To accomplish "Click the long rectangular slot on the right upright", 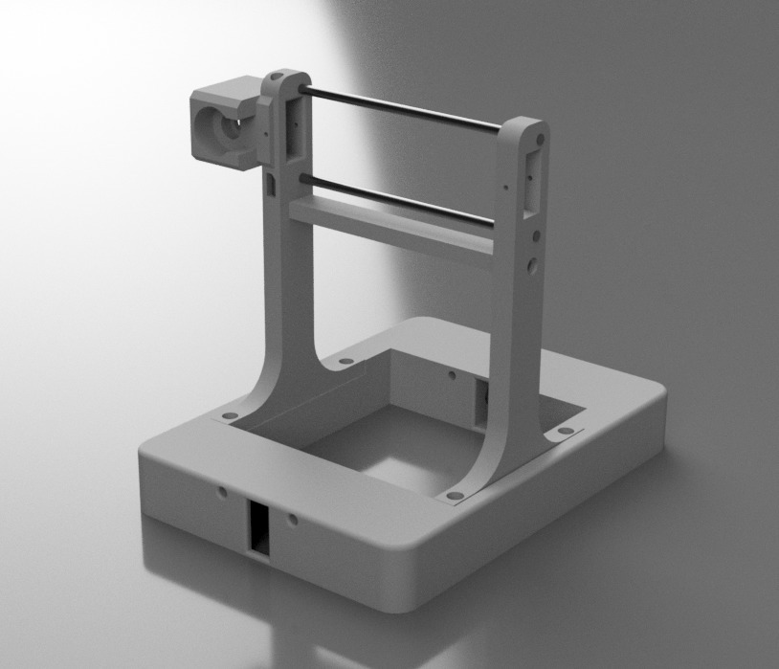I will [x=533, y=178].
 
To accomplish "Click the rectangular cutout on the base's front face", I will [x=259, y=526].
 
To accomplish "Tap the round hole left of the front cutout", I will [x=222, y=492].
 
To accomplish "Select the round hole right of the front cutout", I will [x=293, y=520].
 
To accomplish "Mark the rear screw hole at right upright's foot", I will [x=565, y=432].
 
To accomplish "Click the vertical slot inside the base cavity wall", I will [x=481, y=400].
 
